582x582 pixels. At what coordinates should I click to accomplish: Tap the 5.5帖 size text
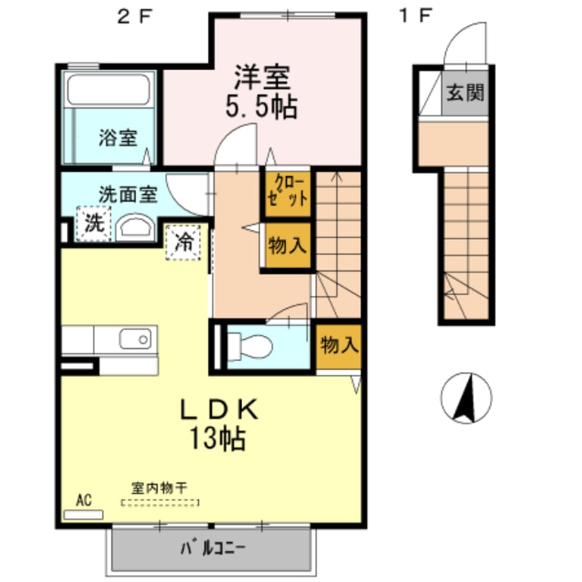(262, 107)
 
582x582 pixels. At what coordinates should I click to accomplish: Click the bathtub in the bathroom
(108, 89)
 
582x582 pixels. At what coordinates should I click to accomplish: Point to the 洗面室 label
(127, 194)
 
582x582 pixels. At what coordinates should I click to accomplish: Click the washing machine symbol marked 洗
(93, 224)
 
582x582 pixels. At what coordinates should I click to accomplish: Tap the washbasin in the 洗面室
(136, 228)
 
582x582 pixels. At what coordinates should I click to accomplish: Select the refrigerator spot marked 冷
(183, 242)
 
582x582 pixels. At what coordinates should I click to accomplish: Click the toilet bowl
(252, 345)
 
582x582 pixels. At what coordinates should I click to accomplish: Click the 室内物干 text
(160, 487)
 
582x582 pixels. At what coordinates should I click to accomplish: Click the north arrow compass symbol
(466, 398)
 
